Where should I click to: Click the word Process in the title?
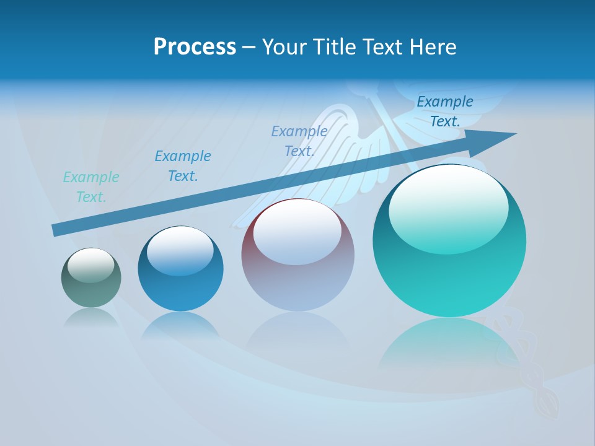tap(195, 47)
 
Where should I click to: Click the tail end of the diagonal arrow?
tap(56, 230)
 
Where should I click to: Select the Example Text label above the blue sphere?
tap(183, 166)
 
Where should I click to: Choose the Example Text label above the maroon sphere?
tap(299, 141)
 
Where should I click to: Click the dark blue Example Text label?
tap(445, 111)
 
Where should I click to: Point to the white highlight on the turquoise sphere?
tap(448, 208)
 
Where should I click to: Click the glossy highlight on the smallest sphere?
tap(90, 265)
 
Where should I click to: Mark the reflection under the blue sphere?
tap(180, 325)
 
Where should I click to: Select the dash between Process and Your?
tap(249, 47)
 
